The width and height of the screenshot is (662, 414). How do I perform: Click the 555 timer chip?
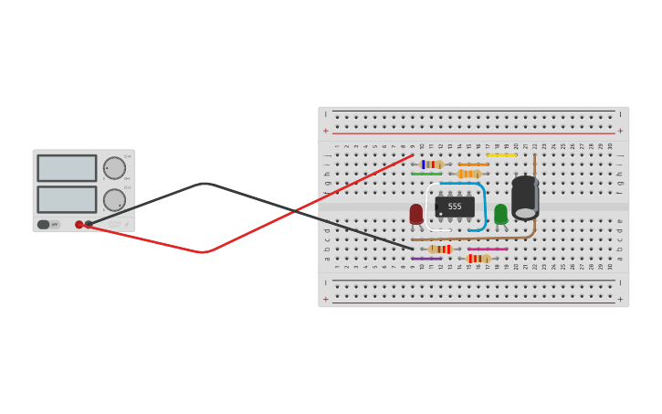(x=455, y=207)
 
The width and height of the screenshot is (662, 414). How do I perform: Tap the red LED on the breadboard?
(x=416, y=214)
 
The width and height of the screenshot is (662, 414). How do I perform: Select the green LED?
(x=500, y=214)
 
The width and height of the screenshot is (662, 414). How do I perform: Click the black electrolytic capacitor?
(x=525, y=197)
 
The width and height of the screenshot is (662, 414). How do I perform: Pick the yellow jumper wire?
(x=501, y=155)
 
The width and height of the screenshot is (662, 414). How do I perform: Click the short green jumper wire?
(x=426, y=174)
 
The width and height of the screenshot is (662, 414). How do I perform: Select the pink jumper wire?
(x=488, y=249)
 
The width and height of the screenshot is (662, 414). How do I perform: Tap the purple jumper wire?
(x=426, y=259)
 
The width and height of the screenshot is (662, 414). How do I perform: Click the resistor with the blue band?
(x=431, y=165)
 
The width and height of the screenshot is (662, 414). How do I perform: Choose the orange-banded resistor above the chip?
(x=469, y=174)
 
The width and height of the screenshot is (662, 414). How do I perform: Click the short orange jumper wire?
(x=473, y=165)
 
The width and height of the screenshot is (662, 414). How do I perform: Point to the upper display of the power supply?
(x=67, y=168)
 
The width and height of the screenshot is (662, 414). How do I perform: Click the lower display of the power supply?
(x=67, y=199)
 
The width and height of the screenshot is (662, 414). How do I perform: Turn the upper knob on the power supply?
(x=114, y=168)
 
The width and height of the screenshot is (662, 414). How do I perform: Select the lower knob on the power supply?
(x=114, y=199)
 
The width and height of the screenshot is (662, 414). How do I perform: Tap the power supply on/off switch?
(x=44, y=224)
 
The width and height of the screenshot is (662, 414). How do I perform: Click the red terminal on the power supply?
(x=79, y=224)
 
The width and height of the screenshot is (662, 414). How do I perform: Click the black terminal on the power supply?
(x=89, y=224)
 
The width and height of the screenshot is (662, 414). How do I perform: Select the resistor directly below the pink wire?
(x=478, y=259)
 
